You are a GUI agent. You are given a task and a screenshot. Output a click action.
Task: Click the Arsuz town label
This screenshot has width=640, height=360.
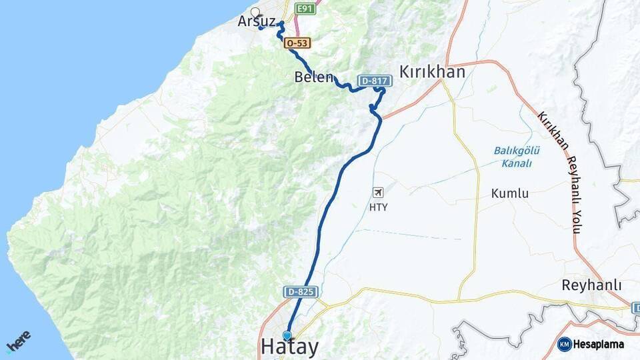pyautogui.click(x=256, y=21)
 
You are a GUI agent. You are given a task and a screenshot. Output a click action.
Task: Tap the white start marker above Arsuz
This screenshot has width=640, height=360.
pyautogui.click(x=255, y=12)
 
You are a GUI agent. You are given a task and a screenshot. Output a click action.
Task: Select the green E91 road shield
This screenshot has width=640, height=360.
pyautogui.click(x=305, y=9)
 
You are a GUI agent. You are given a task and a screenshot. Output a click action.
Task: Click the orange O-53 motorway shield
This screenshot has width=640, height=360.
pyautogui.click(x=297, y=43)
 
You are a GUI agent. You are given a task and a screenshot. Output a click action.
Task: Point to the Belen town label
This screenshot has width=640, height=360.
pyautogui.click(x=313, y=77)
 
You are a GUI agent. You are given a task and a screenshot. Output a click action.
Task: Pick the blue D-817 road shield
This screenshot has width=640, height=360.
pyautogui.click(x=375, y=81)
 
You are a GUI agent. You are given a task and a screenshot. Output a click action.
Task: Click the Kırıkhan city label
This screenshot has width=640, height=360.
pyautogui.click(x=432, y=72)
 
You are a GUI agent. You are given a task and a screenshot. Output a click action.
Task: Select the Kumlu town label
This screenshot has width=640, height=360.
pyautogui.click(x=510, y=193)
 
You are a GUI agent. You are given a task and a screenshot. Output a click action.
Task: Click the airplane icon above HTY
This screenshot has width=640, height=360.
pyautogui.click(x=378, y=193)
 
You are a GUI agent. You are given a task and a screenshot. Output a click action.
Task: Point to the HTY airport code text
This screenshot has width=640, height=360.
pyautogui.click(x=378, y=207)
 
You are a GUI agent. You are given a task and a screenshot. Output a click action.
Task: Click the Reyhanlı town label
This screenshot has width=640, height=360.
pyautogui.click(x=591, y=285)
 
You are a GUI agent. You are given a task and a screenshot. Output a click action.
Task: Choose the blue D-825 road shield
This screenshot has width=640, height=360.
pyautogui.click(x=301, y=292)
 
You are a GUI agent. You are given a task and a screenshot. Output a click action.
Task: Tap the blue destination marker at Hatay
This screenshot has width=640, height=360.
pyautogui.click(x=287, y=335)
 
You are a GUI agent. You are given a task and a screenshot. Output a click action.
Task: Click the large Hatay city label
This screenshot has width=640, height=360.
pyautogui.click(x=289, y=347)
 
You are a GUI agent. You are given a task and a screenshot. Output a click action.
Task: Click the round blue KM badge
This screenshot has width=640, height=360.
pyautogui.click(x=564, y=344)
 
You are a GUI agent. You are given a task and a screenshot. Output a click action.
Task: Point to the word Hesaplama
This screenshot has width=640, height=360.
pyautogui.click(x=599, y=344)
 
